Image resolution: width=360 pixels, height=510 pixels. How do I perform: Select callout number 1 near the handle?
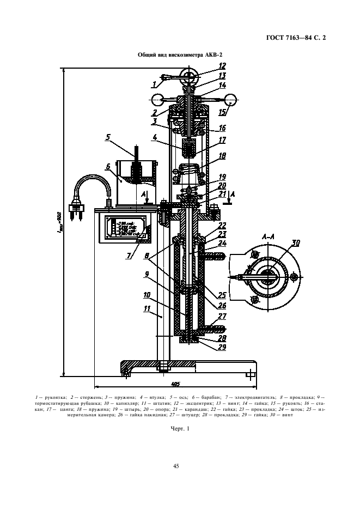point(155,84)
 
